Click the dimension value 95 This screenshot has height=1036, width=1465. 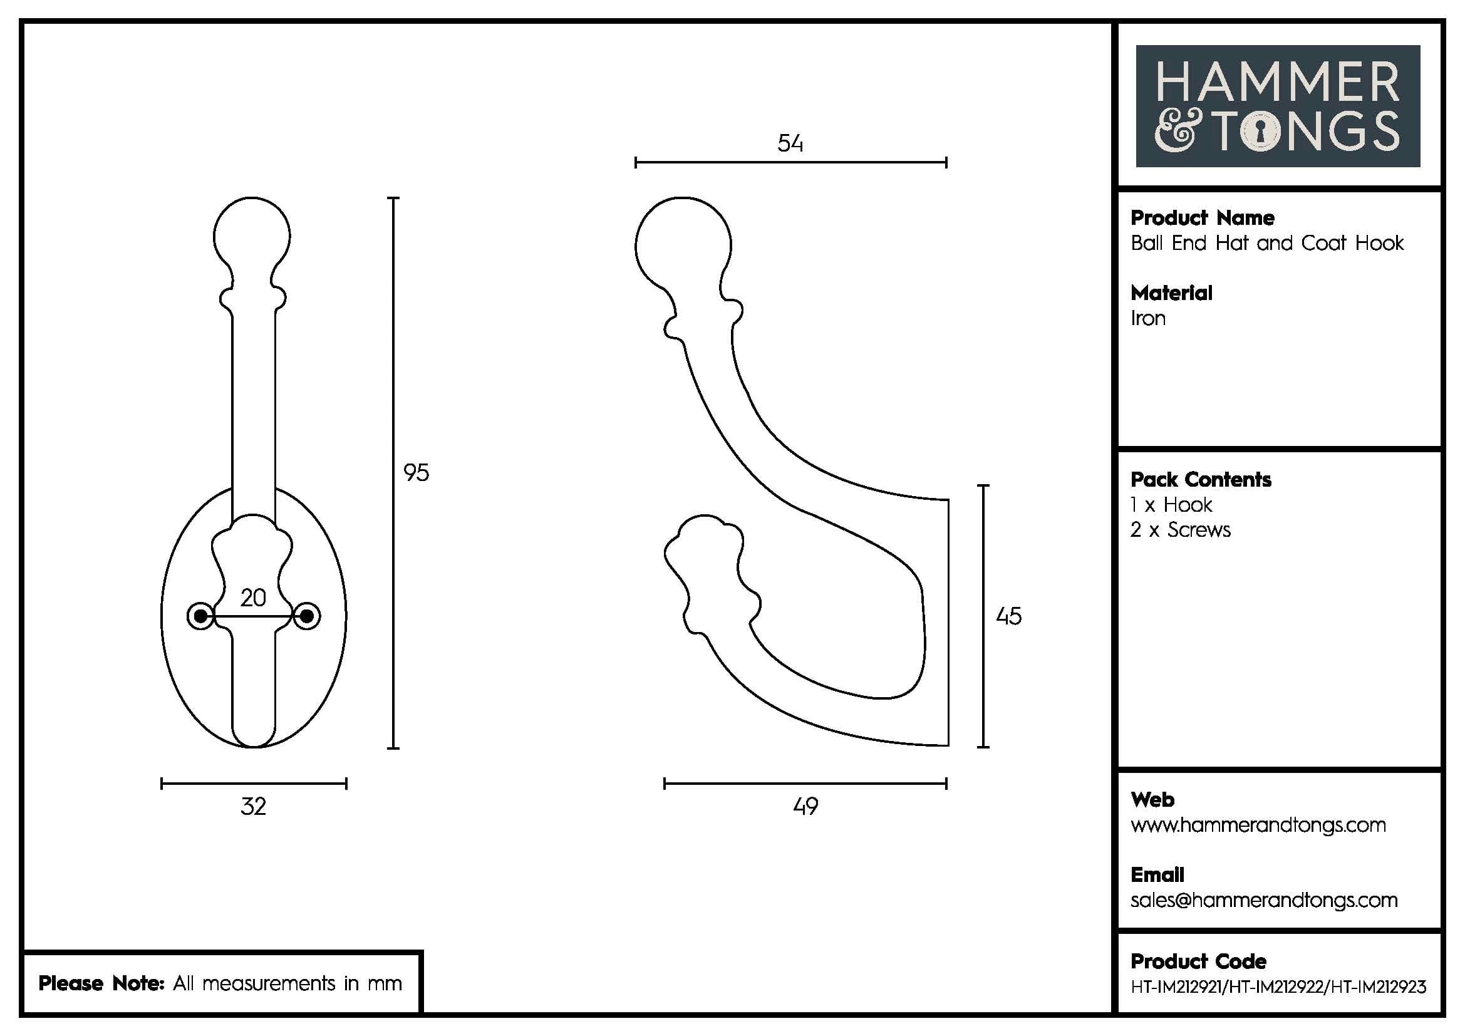[x=416, y=473]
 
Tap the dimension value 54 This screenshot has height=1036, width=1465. [x=790, y=143]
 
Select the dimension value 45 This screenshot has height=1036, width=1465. [x=1008, y=616]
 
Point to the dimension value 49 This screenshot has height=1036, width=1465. [x=805, y=807]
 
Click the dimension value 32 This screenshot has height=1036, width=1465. [x=253, y=807]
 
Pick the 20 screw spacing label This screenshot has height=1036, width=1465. [x=253, y=598]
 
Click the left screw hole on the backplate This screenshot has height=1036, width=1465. [x=200, y=616]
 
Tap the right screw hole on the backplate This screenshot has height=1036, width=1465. [x=307, y=616]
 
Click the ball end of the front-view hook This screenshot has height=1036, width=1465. [x=252, y=235]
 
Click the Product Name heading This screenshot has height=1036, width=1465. [x=1202, y=218]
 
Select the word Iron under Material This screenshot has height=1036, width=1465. [x=1148, y=318]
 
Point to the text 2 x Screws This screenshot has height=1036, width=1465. [x=1180, y=530]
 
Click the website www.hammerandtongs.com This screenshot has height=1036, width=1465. [x=1258, y=826]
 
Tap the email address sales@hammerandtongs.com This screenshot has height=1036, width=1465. [x=1263, y=900]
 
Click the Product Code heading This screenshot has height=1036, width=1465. [x=1198, y=961]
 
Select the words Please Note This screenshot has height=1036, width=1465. [x=101, y=983]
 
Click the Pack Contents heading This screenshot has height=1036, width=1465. [x=1200, y=480]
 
